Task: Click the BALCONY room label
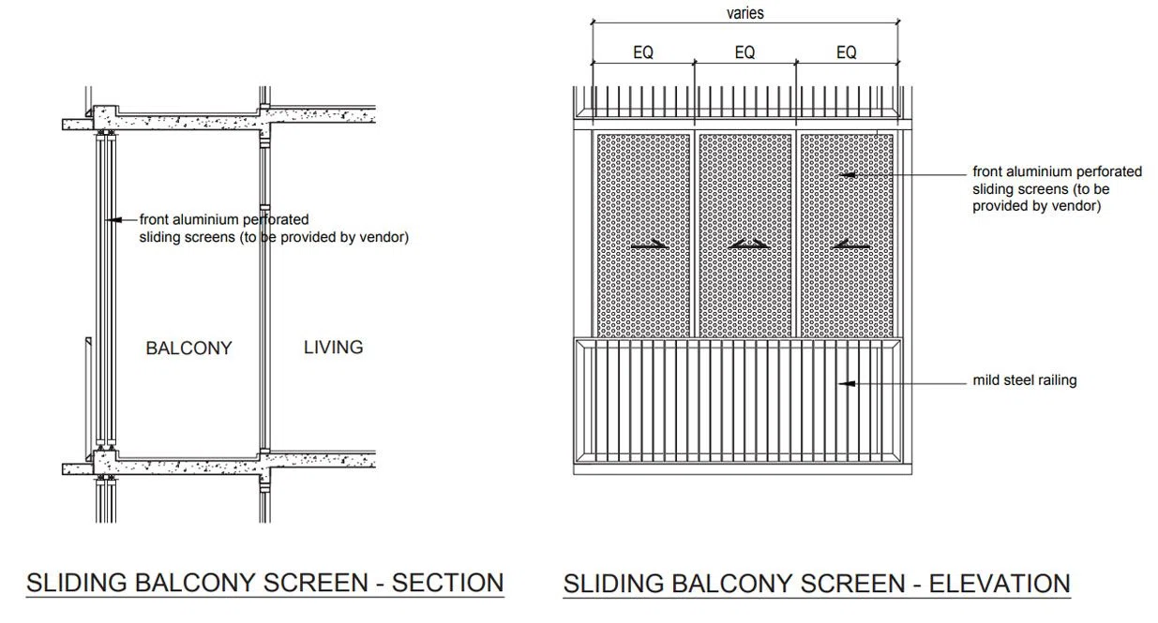tap(188, 349)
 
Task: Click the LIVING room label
tap(334, 348)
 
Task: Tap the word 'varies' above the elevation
tap(744, 13)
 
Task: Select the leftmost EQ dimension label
tap(643, 52)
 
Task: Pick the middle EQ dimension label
tap(744, 52)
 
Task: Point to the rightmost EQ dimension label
tap(847, 52)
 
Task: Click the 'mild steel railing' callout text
tap(1025, 380)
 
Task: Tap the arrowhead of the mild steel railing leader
tap(846, 383)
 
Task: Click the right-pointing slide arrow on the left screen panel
tap(649, 245)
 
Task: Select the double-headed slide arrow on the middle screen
tap(748, 245)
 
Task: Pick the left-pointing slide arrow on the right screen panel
tap(851, 245)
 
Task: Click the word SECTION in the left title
tap(447, 583)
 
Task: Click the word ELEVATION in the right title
tap(1000, 584)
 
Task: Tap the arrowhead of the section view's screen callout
tap(113, 220)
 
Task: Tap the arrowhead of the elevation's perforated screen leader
tap(847, 175)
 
